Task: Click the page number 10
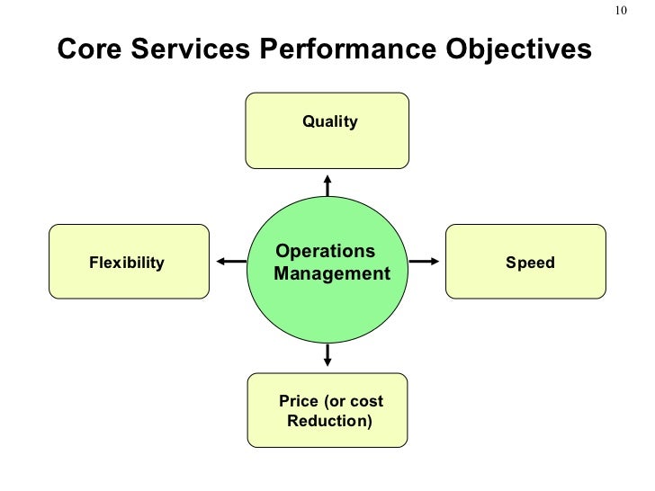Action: (x=621, y=11)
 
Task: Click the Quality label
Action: (x=329, y=121)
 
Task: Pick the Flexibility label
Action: (x=127, y=263)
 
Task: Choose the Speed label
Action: (x=530, y=263)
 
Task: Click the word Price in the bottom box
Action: (x=299, y=401)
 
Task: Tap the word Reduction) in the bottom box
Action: (x=329, y=420)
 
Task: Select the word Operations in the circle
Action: (x=325, y=251)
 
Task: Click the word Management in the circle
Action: (x=332, y=272)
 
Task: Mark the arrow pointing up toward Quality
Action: (x=327, y=184)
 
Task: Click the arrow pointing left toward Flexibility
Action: (x=230, y=262)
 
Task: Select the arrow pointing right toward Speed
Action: (x=425, y=262)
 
